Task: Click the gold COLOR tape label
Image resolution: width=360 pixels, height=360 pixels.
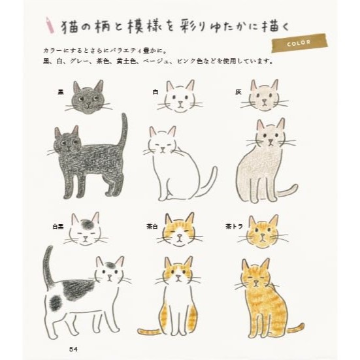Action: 300,43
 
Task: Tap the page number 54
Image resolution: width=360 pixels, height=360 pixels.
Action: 73,349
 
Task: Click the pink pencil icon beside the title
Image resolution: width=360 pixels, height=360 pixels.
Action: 50,25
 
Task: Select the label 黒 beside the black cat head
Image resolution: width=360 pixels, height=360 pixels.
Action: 61,92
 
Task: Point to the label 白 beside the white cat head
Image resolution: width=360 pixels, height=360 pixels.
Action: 155,92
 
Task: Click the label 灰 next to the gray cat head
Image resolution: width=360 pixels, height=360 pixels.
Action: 238,92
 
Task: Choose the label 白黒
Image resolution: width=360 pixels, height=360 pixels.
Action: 58,227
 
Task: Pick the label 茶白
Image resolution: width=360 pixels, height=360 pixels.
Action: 152,226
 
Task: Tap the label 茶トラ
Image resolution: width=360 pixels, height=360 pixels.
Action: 234,227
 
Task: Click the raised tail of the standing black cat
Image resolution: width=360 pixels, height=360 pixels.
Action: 123,131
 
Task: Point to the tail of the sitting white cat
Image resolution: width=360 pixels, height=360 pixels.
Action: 208,184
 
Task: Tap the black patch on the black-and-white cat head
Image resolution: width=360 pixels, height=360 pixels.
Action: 86,223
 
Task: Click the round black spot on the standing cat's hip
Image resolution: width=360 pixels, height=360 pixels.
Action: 55,303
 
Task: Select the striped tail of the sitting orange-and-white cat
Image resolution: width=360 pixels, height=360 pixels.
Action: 149,331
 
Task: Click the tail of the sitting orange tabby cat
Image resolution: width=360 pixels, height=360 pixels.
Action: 296,328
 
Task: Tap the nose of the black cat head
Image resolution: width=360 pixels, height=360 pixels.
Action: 89,104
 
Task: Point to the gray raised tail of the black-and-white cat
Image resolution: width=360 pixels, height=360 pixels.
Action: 48,267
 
